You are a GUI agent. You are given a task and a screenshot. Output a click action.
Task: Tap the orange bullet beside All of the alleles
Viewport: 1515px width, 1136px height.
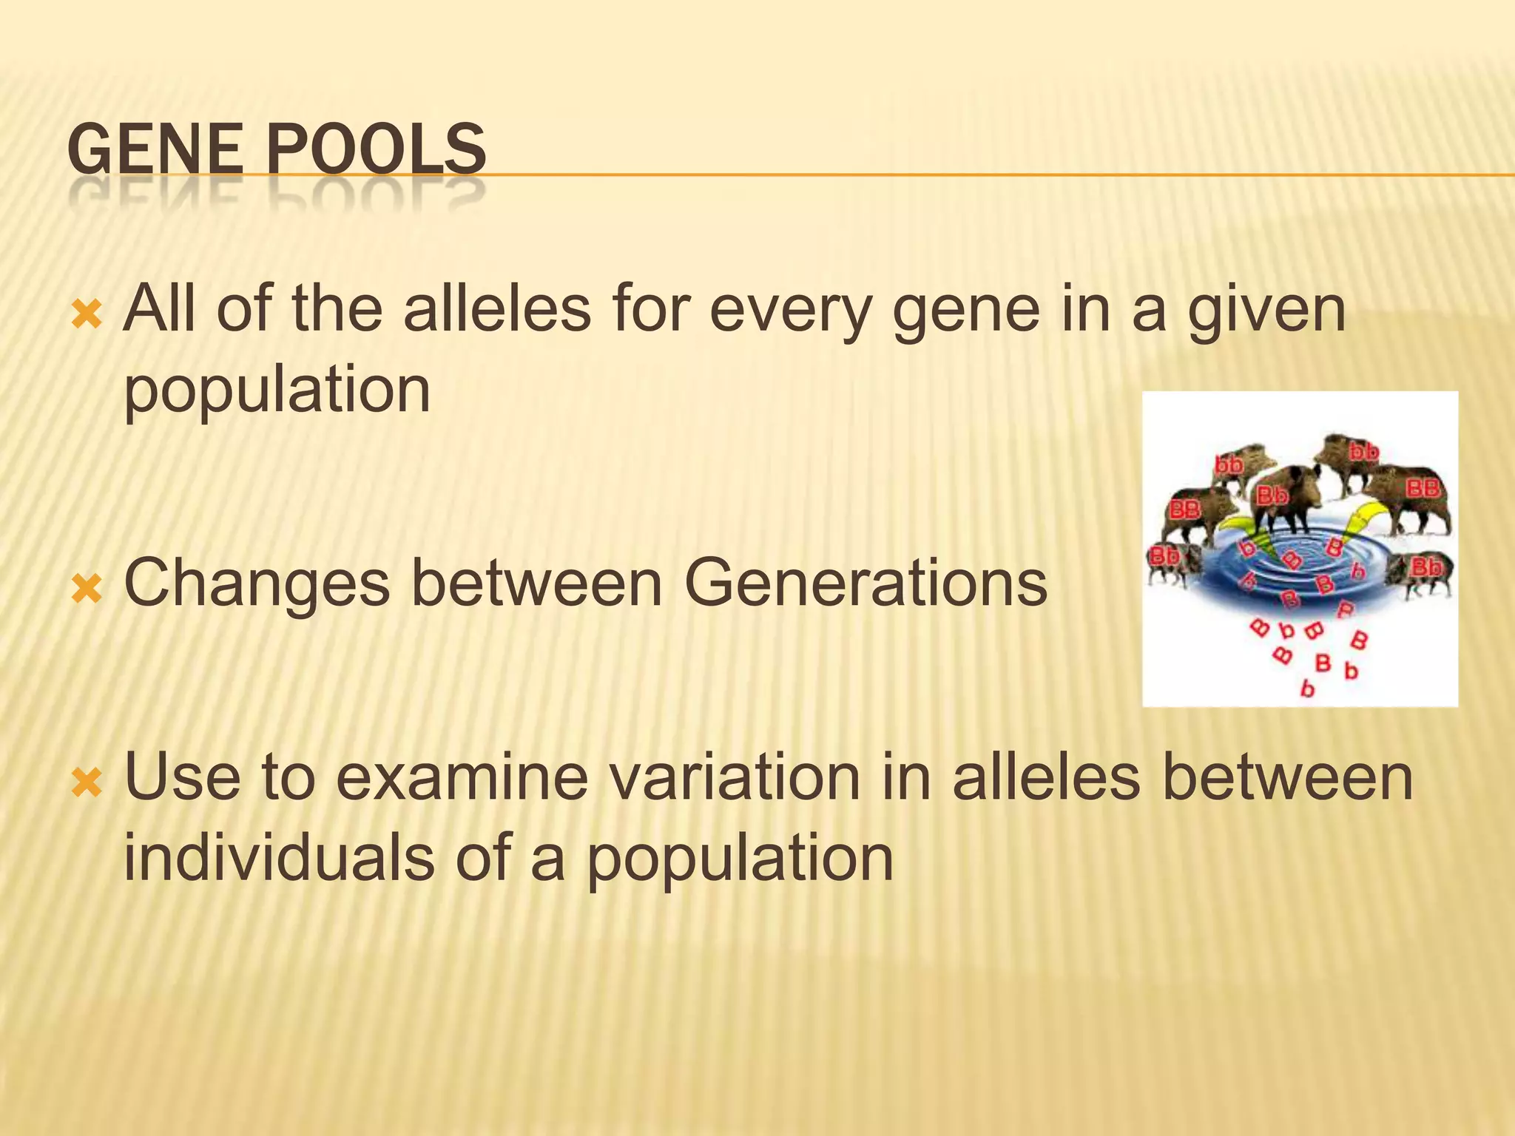coord(87,316)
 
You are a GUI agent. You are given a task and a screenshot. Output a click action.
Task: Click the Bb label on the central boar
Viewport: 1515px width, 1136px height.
coord(1272,496)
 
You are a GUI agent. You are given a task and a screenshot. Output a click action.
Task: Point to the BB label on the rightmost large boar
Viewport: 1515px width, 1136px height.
coord(1423,488)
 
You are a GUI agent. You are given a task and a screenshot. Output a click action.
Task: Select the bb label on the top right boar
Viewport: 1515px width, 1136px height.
coord(1363,450)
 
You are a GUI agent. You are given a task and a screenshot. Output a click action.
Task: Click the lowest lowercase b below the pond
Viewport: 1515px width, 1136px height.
coord(1307,689)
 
